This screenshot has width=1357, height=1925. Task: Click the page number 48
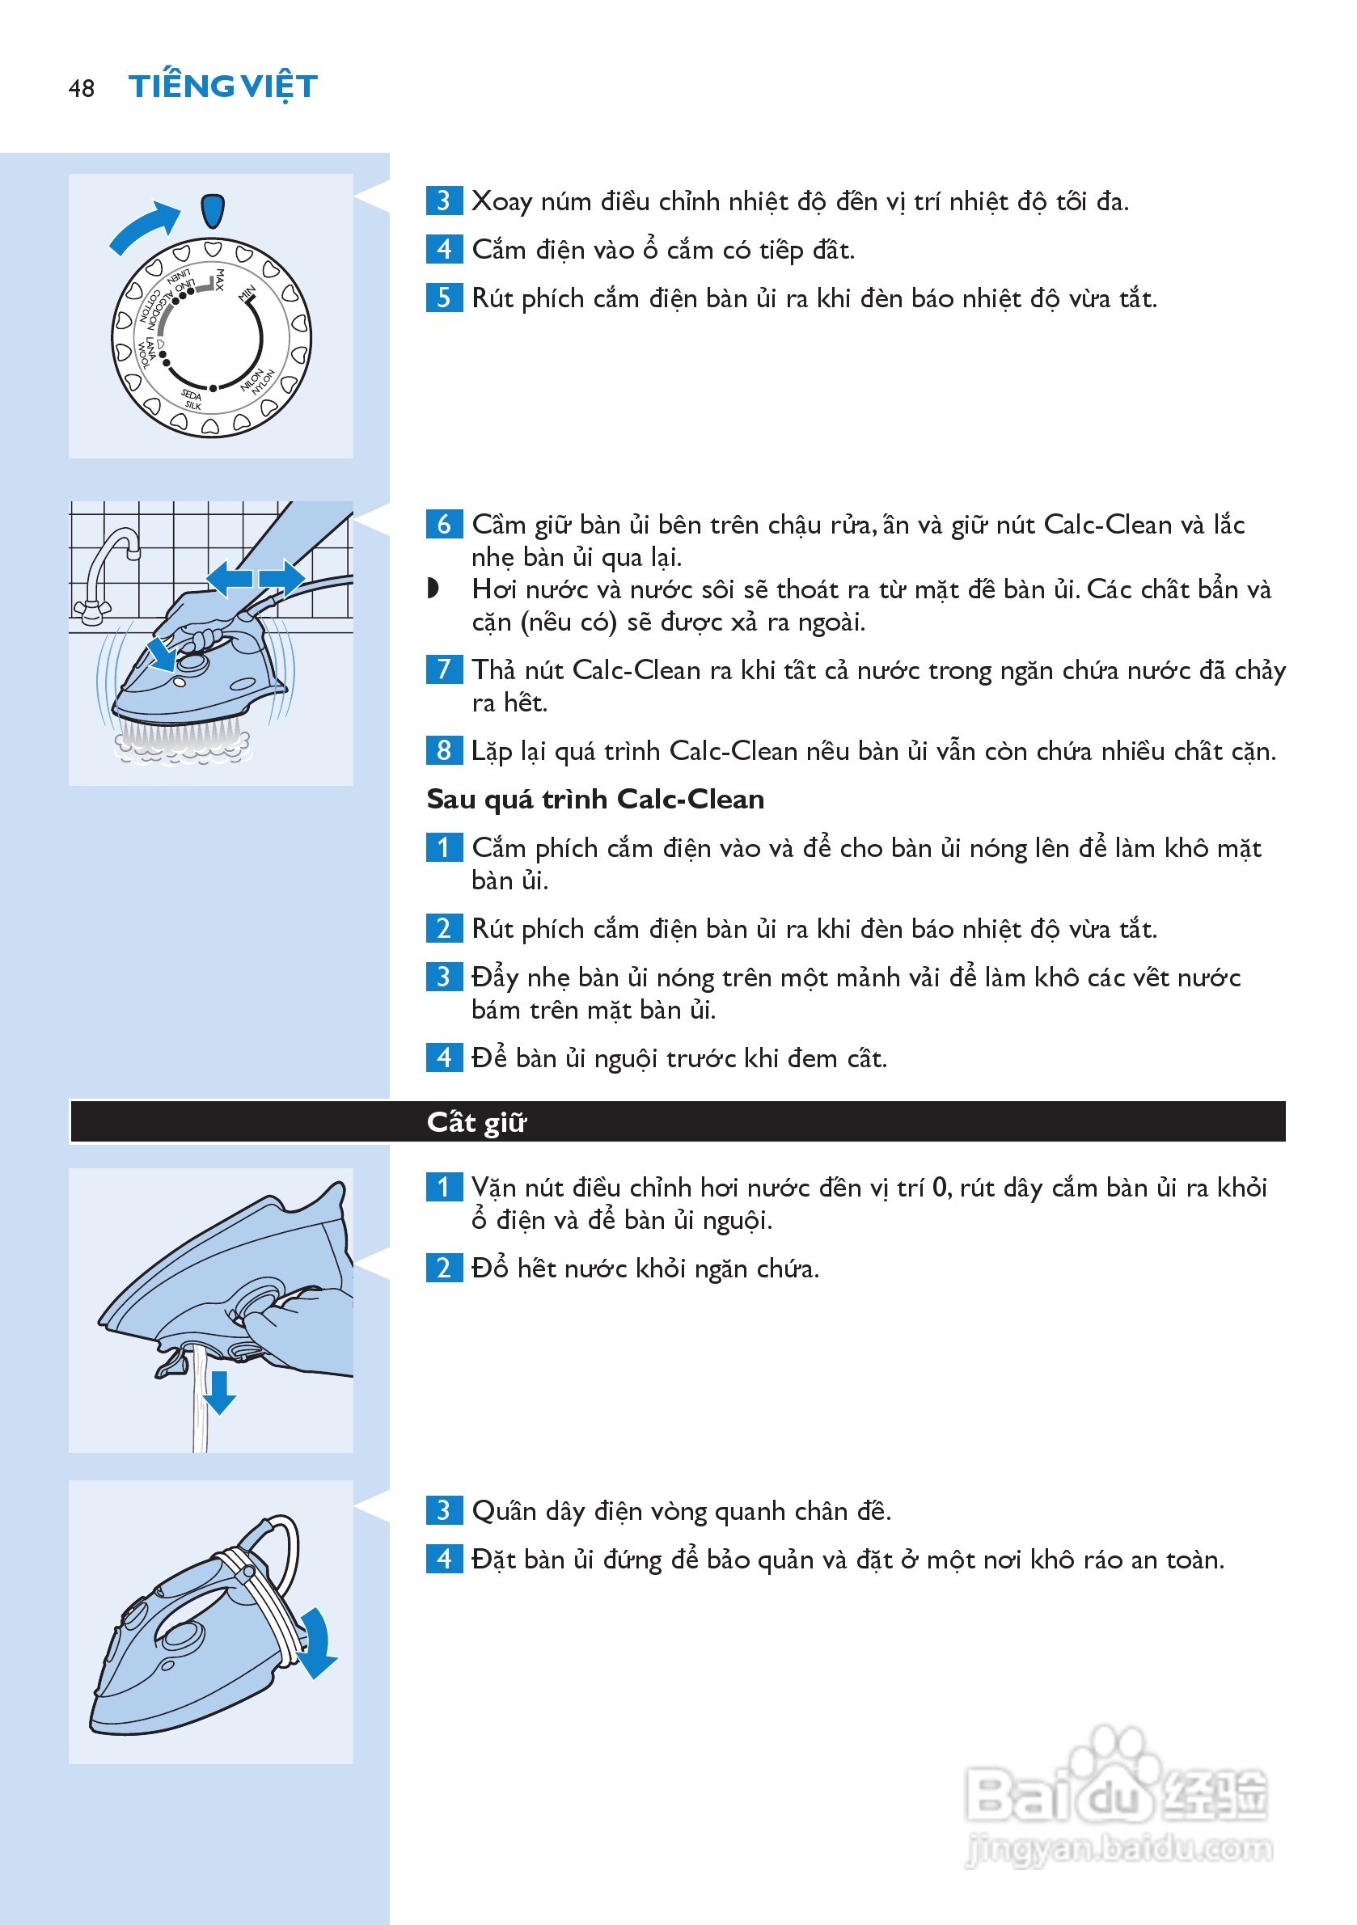[82, 88]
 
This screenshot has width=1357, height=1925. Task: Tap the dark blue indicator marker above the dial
[213, 211]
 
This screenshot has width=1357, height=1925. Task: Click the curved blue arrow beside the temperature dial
[144, 226]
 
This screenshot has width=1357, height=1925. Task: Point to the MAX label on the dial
[220, 279]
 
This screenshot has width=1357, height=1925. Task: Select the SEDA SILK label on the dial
[192, 400]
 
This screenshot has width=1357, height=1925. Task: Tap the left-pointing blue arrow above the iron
[229, 578]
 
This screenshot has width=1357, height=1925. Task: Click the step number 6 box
[444, 524]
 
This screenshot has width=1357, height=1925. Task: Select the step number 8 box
[444, 749]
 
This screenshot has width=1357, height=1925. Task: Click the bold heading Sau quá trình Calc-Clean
[595, 799]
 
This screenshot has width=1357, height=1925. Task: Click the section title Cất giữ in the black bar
[476, 1122]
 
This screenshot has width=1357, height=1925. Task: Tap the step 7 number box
[444, 669]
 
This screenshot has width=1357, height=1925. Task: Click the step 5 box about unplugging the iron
[444, 297]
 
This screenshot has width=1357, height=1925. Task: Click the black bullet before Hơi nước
[433, 589]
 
